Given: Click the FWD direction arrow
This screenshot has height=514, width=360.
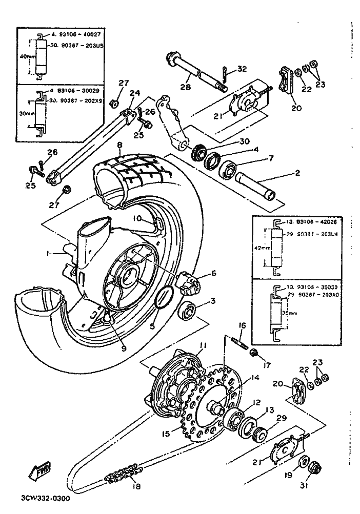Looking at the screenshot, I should (37, 471).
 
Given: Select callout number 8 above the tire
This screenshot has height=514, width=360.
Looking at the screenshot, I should (119, 145).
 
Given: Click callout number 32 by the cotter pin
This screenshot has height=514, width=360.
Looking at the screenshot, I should (243, 69).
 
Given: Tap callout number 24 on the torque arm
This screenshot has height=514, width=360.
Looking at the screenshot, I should (135, 93).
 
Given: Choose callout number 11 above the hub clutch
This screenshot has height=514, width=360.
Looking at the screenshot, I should (202, 346).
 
